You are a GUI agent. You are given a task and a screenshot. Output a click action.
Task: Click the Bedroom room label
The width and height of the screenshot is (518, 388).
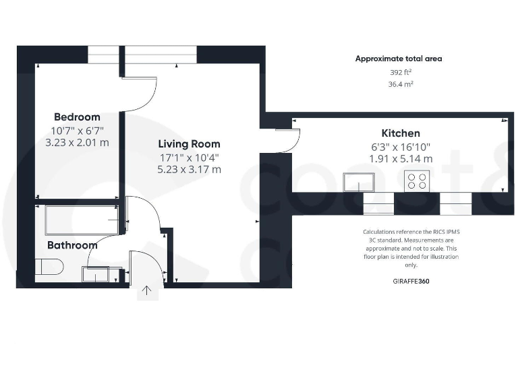(x=77, y=117)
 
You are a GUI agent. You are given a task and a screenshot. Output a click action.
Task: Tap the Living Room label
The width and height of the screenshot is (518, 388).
(x=189, y=144)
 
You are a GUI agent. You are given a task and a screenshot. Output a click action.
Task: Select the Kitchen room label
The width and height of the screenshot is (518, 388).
(x=401, y=133)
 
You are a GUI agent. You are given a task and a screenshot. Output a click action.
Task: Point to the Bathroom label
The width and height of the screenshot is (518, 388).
(x=72, y=245)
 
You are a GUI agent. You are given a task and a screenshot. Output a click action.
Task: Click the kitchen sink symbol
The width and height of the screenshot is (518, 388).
(x=359, y=182)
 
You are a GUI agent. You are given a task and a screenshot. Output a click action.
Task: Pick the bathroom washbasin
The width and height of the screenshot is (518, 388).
(x=95, y=274)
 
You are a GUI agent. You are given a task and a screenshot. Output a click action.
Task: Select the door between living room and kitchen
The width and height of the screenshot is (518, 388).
(x=288, y=140)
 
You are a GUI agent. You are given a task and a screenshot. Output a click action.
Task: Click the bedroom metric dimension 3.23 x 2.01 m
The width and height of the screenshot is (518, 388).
(x=77, y=143)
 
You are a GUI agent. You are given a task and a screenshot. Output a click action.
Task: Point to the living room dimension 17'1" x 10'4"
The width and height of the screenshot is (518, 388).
(x=189, y=157)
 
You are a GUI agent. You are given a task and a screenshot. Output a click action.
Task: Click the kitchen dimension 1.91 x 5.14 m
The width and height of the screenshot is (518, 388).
(x=401, y=159)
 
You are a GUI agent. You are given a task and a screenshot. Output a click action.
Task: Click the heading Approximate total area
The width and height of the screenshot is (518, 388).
(x=399, y=59)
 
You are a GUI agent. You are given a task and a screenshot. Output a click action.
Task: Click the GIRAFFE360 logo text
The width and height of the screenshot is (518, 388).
(x=410, y=281)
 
